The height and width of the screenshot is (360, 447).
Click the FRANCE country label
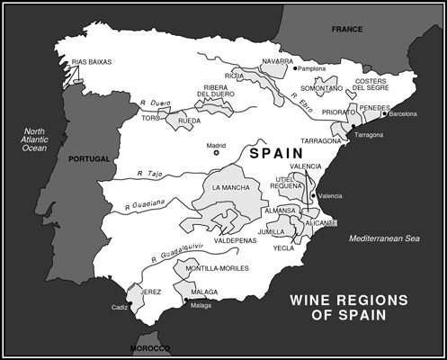point(346,29)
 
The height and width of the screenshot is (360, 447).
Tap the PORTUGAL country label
point(88,159)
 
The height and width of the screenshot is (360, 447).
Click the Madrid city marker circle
point(216,152)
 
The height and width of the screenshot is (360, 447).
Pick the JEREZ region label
point(150,292)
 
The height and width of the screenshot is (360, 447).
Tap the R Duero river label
point(156,105)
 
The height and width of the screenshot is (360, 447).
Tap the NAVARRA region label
point(278,60)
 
